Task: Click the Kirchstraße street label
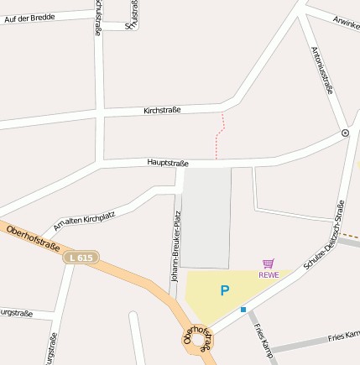[162, 110]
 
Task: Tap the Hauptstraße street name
[168, 163]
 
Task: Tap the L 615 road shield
[81, 258]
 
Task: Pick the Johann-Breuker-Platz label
[176, 248]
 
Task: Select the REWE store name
[269, 274]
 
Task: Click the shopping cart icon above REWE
[269, 263]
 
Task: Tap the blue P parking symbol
[224, 291]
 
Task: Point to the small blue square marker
[243, 310]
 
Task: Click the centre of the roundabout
[199, 341]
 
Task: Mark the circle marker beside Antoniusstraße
[345, 133]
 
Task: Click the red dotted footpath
[221, 134]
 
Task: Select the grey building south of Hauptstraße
[206, 216]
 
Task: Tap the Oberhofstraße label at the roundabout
[198, 339]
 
